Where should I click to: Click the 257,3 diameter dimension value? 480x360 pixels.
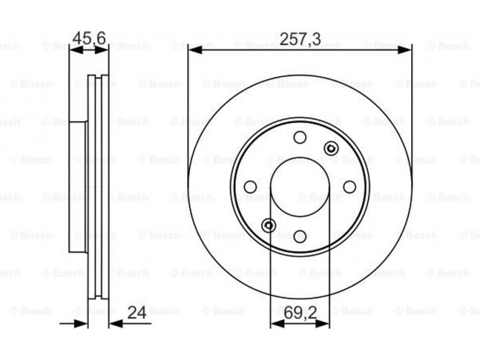click(x=301, y=39)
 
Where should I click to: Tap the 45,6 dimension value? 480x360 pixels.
click(x=89, y=38)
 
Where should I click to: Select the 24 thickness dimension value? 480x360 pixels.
click(x=137, y=312)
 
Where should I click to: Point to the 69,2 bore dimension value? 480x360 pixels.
click(x=300, y=313)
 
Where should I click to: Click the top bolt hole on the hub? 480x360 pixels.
click(x=300, y=137)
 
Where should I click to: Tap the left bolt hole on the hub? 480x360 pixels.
click(x=250, y=187)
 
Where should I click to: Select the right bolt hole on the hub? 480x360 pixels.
click(x=350, y=187)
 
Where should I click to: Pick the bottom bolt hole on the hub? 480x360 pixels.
click(x=300, y=236)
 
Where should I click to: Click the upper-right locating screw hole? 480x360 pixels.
click(x=331, y=148)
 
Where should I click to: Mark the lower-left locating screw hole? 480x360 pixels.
click(x=269, y=226)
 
